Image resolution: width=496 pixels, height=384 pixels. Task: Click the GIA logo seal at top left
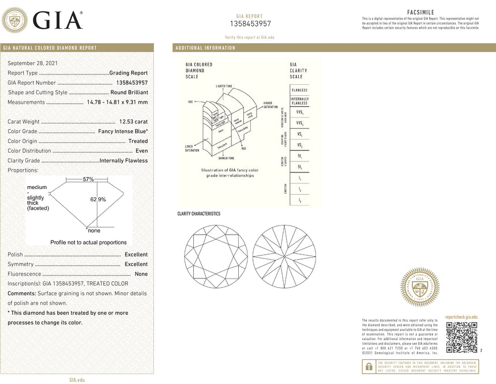(15, 20)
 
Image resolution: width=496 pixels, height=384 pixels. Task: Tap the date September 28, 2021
(32, 63)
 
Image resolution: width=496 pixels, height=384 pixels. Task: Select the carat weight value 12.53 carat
(133, 122)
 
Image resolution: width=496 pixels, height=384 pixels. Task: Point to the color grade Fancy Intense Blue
(122, 131)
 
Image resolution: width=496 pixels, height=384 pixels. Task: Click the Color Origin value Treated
(138, 141)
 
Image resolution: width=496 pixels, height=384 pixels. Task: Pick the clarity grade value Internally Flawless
(124, 161)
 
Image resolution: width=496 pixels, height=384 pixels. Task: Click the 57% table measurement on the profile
(88, 179)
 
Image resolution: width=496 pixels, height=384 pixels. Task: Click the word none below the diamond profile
(93, 231)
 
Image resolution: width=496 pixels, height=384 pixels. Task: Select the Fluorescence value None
(141, 274)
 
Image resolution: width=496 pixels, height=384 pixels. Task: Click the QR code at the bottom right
(462, 337)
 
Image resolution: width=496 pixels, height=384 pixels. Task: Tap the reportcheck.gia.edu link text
(461, 317)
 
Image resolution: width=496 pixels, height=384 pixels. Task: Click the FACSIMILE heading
(420, 12)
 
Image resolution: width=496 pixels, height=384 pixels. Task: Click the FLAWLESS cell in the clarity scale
(299, 91)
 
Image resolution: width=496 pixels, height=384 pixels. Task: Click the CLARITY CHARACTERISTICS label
(198, 214)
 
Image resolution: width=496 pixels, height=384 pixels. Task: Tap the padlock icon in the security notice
(367, 366)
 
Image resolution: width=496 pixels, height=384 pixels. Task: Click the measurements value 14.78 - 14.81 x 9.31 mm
(117, 102)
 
